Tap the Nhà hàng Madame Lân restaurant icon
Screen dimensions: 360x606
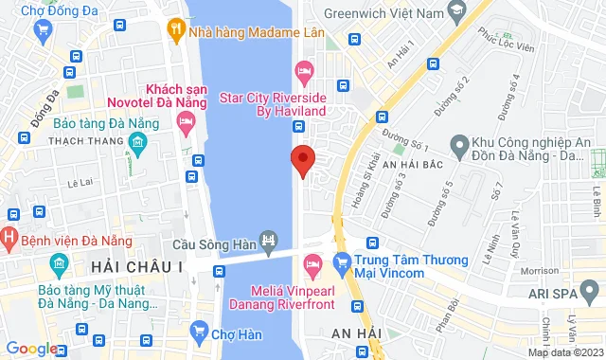[174, 29]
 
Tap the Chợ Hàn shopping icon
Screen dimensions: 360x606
[198, 331]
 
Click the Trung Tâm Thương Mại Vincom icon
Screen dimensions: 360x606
[343, 260]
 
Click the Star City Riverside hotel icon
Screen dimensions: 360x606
[305, 69]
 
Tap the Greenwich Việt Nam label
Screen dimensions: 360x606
[383, 14]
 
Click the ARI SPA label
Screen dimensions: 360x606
[567, 296]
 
